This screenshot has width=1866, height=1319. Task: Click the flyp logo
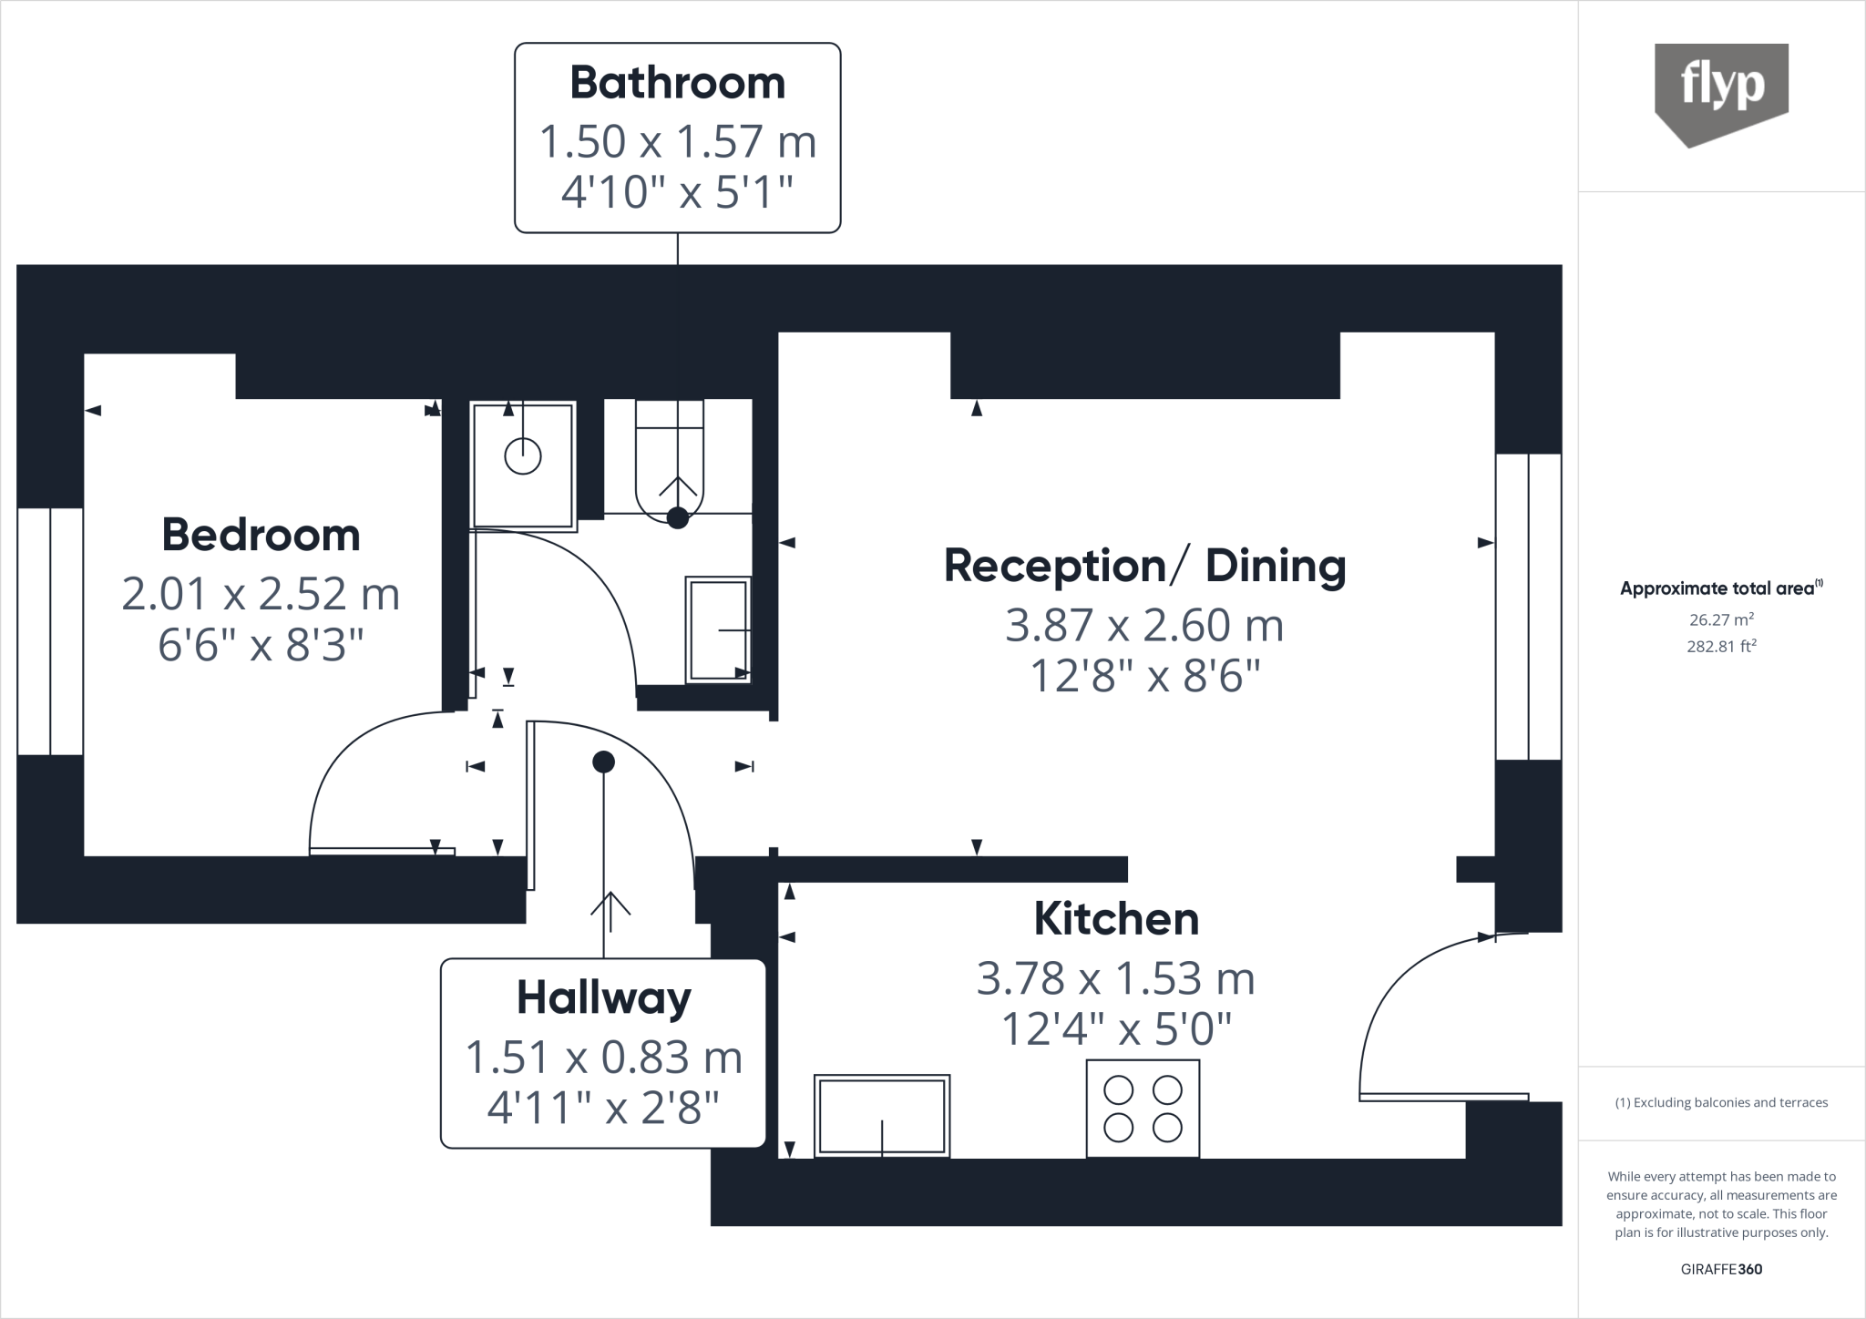coord(1721,91)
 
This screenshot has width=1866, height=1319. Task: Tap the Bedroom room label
coord(261,535)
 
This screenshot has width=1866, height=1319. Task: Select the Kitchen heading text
coord(1116,919)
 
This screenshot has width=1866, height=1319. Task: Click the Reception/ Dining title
coord(1144,566)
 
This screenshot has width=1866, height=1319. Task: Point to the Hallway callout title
coord(603,997)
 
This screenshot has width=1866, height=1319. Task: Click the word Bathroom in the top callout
coord(677,83)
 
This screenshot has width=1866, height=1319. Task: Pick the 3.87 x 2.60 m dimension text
coord(1144,626)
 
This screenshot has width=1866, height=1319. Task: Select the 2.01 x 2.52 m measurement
coord(261,594)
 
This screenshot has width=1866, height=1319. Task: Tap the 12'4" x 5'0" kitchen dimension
coord(1116,1030)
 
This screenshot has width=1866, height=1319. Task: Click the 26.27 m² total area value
coord(1721,619)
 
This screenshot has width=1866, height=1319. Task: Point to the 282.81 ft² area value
coord(1721,647)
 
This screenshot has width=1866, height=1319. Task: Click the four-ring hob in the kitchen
coord(1143,1109)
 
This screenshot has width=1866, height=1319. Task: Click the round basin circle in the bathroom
coord(523,455)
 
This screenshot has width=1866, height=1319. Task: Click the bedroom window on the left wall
coord(50,631)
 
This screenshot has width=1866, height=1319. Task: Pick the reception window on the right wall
coord(1528,607)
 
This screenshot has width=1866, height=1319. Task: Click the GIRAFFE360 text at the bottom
coord(1721,1269)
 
